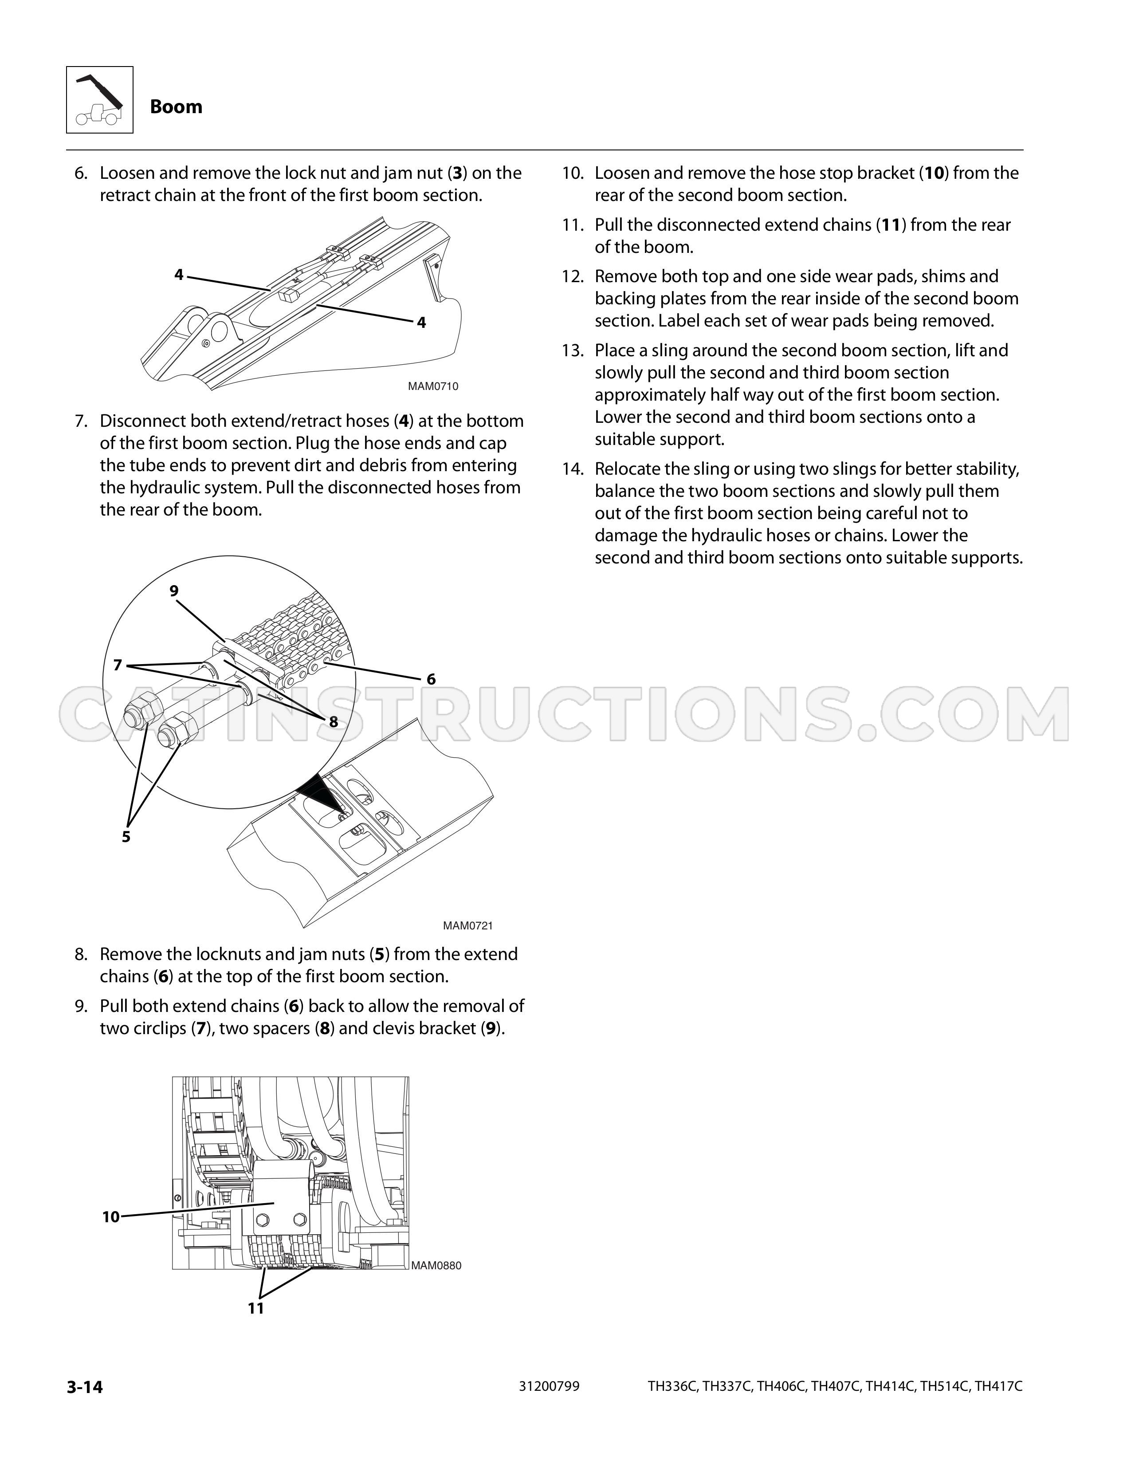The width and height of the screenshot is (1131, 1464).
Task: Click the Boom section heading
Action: click(176, 106)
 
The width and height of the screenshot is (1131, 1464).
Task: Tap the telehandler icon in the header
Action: click(100, 100)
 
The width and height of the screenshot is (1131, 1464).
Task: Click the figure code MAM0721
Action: click(467, 926)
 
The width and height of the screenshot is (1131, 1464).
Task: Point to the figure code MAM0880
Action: click(436, 1266)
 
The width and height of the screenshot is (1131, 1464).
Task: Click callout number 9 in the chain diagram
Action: click(174, 590)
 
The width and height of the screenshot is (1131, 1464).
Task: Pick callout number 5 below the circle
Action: click(126, 837)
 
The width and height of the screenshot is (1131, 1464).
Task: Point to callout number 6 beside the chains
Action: click(431, 679)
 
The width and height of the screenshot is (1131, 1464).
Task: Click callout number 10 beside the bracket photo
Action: click(110, 1216)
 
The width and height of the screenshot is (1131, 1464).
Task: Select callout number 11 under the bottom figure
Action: click(256, 1308)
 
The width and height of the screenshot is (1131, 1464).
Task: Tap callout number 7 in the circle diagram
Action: click(118, 665)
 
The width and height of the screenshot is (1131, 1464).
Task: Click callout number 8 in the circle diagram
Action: click(333, 721)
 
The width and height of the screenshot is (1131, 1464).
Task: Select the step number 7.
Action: click(81, 421)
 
